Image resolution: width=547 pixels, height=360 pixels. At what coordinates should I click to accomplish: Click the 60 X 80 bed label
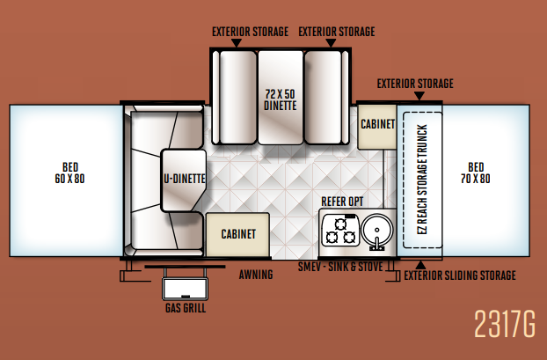(x=69, y=173)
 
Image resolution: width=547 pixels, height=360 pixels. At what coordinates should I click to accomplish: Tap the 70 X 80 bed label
(x=476, y=173)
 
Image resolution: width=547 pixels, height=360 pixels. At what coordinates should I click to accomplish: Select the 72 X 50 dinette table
(x=281, y=98)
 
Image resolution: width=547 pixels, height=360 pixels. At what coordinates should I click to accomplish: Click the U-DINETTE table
(x=184, y=180)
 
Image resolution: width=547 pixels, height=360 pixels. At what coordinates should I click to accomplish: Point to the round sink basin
(x=376, y=230)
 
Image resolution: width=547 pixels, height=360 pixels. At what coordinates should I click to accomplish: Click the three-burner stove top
(x=340, y=230)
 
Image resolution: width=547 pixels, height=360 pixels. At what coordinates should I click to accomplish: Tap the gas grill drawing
(x=185, y=289)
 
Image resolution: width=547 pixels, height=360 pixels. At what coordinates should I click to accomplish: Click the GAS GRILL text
(x=186, y=308)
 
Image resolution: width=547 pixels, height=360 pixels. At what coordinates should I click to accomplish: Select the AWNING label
(x=256, y=275)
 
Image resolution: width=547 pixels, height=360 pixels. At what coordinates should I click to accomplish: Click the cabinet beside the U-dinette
(x=237, y=234)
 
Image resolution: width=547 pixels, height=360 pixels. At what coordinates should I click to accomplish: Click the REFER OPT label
(x=342, y=202)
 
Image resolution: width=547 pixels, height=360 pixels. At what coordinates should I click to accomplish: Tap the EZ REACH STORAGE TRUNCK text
(x=422, y=180)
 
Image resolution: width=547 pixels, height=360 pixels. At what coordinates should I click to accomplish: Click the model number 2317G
(x=505, y=324)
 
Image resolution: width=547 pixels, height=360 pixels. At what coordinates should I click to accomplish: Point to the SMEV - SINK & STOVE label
(x=340, y=267)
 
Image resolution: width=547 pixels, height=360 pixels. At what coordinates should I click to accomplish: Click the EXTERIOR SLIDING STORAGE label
(x=460, y=276)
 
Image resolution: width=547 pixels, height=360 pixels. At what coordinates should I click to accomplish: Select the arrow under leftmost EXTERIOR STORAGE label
(x=237, y=42)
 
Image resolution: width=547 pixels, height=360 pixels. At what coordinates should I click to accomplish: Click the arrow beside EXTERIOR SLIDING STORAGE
(x=420, y=265)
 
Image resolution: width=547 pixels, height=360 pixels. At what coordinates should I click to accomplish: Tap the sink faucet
(x=376, y=244)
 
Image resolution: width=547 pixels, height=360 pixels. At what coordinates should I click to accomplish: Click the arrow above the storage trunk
(x=419, y=96)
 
